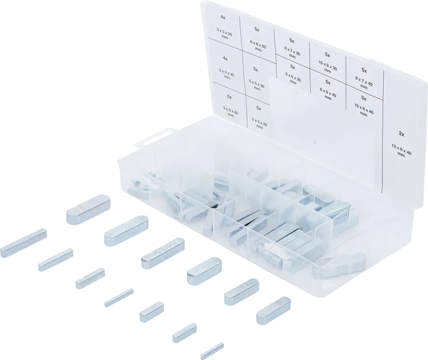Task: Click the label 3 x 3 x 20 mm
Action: click(224, 34)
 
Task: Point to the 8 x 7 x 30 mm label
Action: click(292, 53)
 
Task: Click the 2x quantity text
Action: click(401, 134)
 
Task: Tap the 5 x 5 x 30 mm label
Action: click(256, 85)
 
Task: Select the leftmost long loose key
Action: click(23, 243)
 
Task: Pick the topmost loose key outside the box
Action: click(88, 209)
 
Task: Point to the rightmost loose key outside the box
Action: click(273, 311)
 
